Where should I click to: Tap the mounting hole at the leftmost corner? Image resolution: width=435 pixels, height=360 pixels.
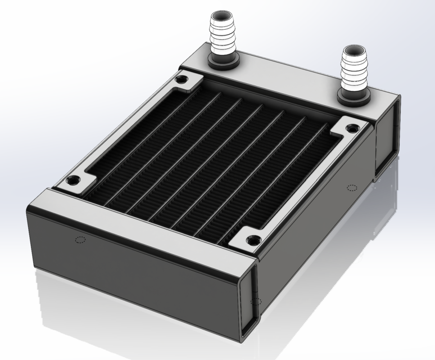pyautogui.click(x=72, y=181)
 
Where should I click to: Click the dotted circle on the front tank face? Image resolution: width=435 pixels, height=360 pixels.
pyautogui.click(x=79, y=240)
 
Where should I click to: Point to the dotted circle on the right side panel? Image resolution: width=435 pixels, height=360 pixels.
pyautogui.click(x=352, y=187)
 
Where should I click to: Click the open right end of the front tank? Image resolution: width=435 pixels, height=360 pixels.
pyautogui.click(x=248, y=304)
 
